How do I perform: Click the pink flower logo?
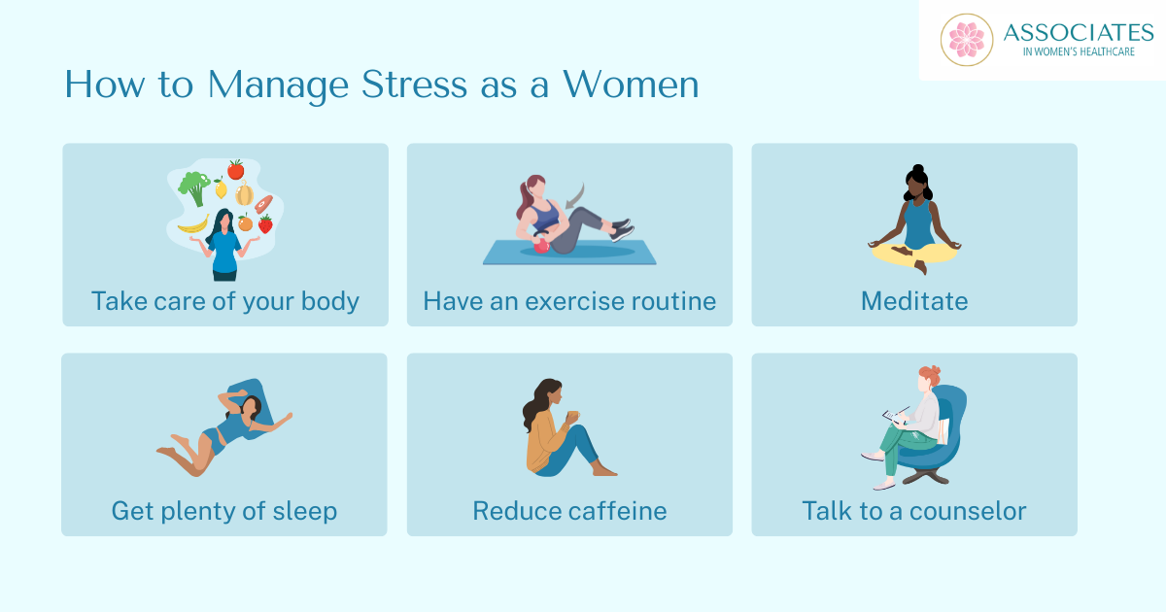point(967,40)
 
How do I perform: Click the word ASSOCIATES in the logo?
point(1079,33)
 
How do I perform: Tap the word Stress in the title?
point(414,84)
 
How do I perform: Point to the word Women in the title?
point(631,84)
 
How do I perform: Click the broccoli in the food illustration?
point(194,187)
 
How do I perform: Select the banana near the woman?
point(193,224)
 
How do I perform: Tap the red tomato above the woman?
point(236,170)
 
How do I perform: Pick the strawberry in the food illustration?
point(265,223)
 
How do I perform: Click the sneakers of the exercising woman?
point(623,230)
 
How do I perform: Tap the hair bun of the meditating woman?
point(917,170)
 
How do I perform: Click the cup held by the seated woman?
point(573,416)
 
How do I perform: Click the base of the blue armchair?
point(928,475)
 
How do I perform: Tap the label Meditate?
point(914,301)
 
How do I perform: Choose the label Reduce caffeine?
point(569,511)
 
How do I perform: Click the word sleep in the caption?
point(305,511)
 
